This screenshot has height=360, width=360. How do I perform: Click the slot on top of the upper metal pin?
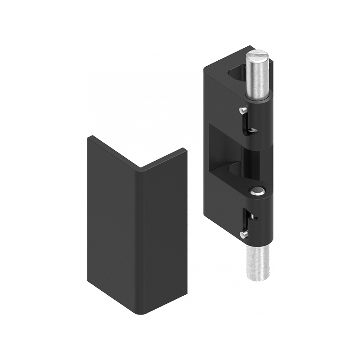point(257,54)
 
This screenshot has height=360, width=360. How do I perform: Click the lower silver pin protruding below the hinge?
point(257,263)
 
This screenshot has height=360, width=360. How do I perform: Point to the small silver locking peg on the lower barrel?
point(243,234)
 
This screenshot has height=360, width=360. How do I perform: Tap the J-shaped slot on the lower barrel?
point(248,220)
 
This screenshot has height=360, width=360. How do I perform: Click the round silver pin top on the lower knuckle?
point(257,191)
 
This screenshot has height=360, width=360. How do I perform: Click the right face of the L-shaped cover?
point(164,234)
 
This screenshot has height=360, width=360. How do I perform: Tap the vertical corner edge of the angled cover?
point(140,238)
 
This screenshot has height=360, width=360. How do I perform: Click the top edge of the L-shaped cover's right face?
point(164,158)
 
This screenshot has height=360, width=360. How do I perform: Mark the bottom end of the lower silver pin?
point(258,278)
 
